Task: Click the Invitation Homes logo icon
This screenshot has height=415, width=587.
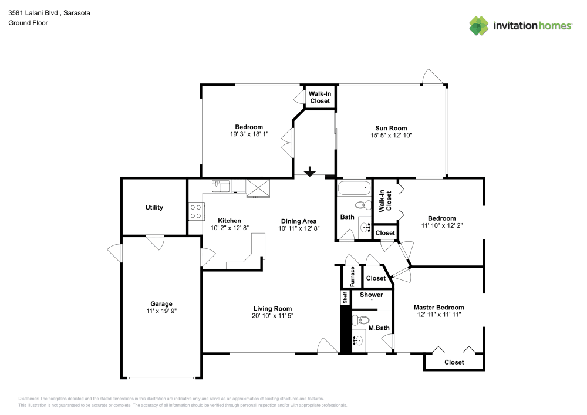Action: [478, 25]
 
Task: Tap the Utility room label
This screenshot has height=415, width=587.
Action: [154, 207]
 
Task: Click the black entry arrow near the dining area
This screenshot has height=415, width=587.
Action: [309, 172]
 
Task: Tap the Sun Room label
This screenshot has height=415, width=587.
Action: [391, 128]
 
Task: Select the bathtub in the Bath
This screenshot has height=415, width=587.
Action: [354, 189]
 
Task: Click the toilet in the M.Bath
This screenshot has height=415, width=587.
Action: [361, 320]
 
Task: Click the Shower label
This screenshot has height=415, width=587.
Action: [371, 295]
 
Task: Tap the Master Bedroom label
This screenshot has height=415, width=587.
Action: [438, 307]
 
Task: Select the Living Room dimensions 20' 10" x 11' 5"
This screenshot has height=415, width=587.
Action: [272, 316]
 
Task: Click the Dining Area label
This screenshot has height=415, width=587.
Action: [298, 221]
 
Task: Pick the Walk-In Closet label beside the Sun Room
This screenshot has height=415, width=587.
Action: [320, 97]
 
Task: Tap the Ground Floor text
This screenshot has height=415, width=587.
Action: [28, 23]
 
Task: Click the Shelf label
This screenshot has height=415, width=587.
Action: [345, 298]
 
